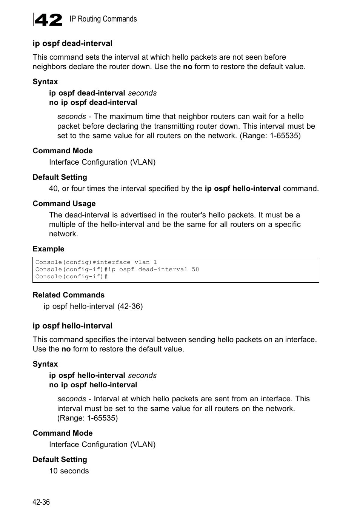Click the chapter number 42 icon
[x=48, y=20]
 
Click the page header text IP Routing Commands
[x=103, y=19]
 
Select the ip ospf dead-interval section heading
[x=72, y=43]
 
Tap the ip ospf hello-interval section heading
[x=72, y=326]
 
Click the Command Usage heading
[x=64, y=203]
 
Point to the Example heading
[x=48, y=249]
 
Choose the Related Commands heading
[x=68, y=295]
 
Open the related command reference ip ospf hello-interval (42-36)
[x=93, y=306]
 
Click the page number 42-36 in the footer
[x=41, y=502]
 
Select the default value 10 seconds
[x=69, y=471]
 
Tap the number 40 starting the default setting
[x=54, y=188]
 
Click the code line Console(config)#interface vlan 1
[x=96, y=262]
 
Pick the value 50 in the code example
[x=195, y=269]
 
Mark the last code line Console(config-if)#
[x=71, y=276]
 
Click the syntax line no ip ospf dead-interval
[x=93, y=102]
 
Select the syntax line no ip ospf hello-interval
[x=93, y=385]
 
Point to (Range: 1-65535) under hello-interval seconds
[x=88, y=418]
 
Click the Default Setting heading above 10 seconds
[x=60, y=459]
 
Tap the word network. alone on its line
[x=63, y=234]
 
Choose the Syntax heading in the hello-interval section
[x=45, y=364]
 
